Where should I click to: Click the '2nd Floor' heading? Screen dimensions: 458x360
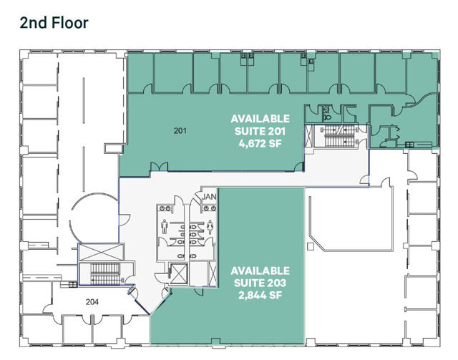click(x=54, y=23)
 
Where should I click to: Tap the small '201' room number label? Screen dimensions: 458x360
click(x=180, y=131)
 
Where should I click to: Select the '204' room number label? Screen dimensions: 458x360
click(x=92, y=302)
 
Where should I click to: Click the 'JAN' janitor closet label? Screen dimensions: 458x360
click(x=209, y=197)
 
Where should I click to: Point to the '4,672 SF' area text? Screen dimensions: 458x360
click(x=260, y=144)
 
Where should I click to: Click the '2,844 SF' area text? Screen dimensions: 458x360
click(x=260, y=296)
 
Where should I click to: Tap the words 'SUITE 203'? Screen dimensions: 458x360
click(x=260, y=283)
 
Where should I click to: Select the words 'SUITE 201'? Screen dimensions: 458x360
click(x=260, y=132)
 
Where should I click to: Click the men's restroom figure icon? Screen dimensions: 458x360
click(x=165, y=227)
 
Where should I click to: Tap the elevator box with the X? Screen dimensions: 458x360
click(x=178, y=274)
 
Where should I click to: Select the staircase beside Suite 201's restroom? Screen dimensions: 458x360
click(x=336, y=136)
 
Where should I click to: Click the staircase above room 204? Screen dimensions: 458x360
click(x=105, y=274)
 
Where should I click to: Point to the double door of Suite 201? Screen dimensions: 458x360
click(x=159, y=167)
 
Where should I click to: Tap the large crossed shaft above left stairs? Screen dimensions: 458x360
click(x=101, y=252)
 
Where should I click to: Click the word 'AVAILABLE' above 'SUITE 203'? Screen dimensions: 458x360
click(x=260, y=271)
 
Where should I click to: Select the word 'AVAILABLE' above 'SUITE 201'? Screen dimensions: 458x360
click(x=260, y=119)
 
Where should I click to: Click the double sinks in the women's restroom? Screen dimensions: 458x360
click(x=210, y=208)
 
